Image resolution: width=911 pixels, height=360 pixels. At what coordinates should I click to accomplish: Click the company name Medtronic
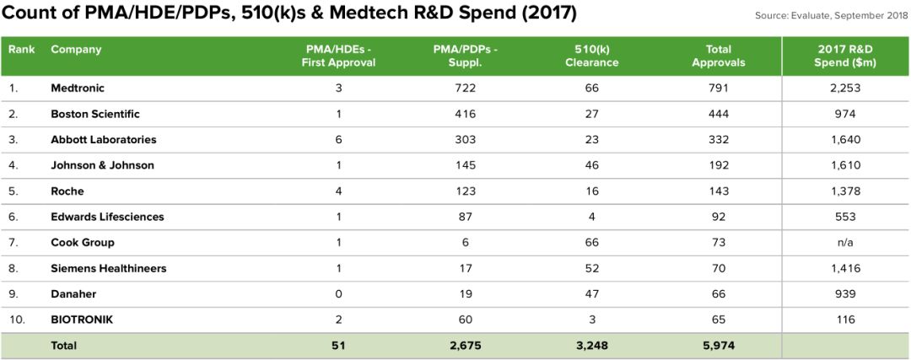coord(78,88)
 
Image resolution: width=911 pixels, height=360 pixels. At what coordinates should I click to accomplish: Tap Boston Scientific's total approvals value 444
coord(718,114)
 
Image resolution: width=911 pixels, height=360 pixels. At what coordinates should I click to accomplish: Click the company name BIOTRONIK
coord(81,320)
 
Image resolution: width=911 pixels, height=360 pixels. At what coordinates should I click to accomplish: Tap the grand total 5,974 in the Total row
coord(718,346)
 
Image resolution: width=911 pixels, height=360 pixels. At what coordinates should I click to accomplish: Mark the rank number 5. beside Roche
coord(13,191)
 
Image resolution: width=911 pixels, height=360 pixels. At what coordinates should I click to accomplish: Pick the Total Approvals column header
coord(718,56)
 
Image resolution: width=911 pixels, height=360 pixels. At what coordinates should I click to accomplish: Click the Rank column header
coord(22,49)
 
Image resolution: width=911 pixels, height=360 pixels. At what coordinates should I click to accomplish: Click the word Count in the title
coord(29,13)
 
